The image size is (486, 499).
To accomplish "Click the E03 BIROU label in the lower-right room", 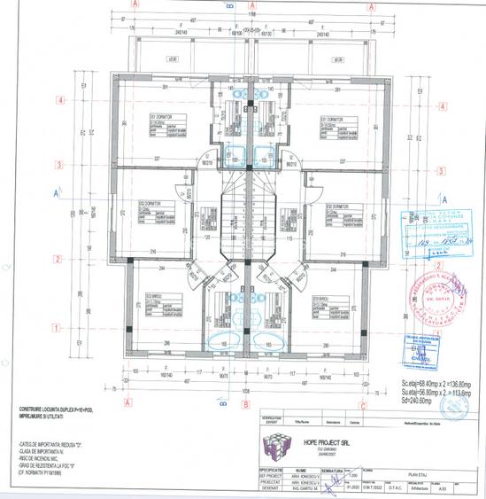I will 320,300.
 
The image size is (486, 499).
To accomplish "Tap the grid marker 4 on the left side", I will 58,101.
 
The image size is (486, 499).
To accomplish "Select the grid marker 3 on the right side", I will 437,165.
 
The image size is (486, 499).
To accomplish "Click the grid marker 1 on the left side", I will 58,327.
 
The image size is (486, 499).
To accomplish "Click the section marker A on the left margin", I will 57,191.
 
